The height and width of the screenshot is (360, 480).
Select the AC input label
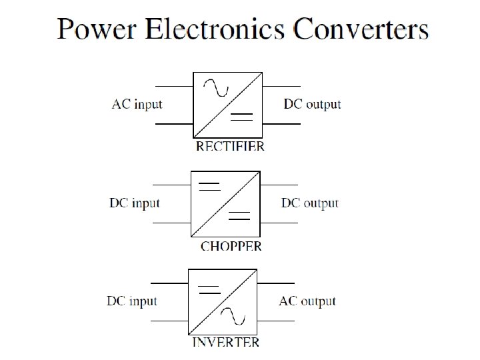137,105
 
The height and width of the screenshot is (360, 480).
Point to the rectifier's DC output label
312,105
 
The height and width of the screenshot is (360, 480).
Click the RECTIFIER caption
230,146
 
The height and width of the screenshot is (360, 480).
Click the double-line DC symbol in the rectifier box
241,117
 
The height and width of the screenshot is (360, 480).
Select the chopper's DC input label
135,203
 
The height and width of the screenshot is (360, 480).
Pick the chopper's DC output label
310,203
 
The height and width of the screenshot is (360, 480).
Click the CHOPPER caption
231,246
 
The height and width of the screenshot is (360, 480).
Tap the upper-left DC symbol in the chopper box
209,186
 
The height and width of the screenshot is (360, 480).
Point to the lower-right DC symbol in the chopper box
239,215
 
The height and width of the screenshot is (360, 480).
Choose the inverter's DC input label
132,301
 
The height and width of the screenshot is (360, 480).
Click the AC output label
307,301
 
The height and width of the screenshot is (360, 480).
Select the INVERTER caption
226,343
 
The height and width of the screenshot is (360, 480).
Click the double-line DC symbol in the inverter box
209,289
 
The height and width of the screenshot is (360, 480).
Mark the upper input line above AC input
173,86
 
